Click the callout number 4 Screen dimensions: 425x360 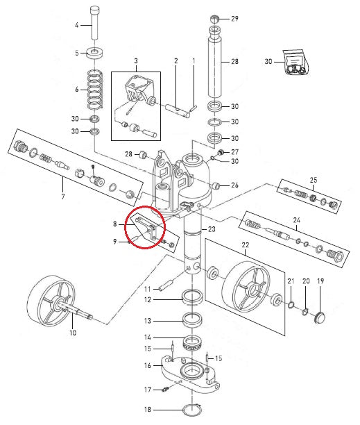[77, 25]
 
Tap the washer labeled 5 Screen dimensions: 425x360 [93, 52]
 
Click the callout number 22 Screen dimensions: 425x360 [245, 246]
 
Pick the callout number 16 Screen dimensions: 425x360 [147, 365]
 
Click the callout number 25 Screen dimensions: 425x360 [313, 180]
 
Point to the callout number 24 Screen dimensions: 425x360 [296, 221]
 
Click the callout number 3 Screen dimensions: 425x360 [137, 62]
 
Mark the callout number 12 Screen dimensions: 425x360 [147, 300]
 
